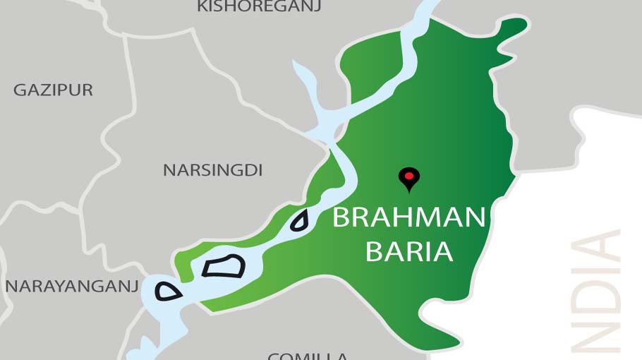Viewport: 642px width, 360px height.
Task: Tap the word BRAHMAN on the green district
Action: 408,217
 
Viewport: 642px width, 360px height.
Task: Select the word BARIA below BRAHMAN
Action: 408,251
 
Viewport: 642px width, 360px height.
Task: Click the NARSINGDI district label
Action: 212,170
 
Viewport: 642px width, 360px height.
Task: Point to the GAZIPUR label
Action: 53,90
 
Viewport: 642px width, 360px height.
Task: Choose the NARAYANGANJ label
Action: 71,286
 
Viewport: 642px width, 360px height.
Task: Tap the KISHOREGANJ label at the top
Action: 259,7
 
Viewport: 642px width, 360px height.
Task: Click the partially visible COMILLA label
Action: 307,356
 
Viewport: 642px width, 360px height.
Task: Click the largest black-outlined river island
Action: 224,267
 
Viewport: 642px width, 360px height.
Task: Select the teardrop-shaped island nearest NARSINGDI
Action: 300,222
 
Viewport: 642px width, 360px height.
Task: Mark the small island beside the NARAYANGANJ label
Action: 168,291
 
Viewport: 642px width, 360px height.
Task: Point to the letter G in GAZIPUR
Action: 19,90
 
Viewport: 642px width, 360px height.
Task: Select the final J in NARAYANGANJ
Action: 133,286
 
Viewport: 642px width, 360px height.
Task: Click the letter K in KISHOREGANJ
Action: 202,7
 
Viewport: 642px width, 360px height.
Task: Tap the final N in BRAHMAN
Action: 475,217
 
